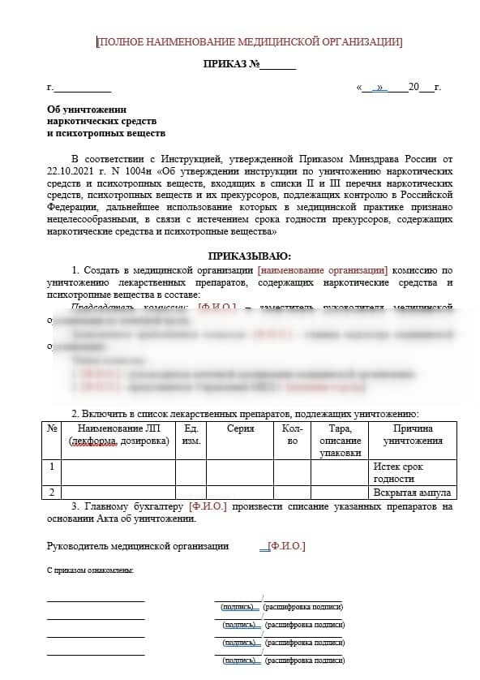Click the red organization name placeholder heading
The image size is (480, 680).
pyautogui.click(x=249, y=42)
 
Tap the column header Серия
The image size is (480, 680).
pyautogui.click(x=240, y=428)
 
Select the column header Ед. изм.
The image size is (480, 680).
pyautogui.click(x=191, y=434)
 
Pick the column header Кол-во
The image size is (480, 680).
pyautogui.click(x=293, y=434)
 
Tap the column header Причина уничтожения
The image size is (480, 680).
pyautogui.click(x=413, y=434)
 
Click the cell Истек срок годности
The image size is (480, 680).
pyautogui.click(x=398, y=472)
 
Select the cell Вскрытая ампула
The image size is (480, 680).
pyautogui.click(x=412, y=493)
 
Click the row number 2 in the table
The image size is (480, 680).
pyautogui.click(x=52, y=493)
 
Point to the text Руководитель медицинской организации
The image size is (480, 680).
pyautogui.click(x=137, y=546)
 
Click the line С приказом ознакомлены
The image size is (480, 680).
pyautogui.click(x=90, y=570)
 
